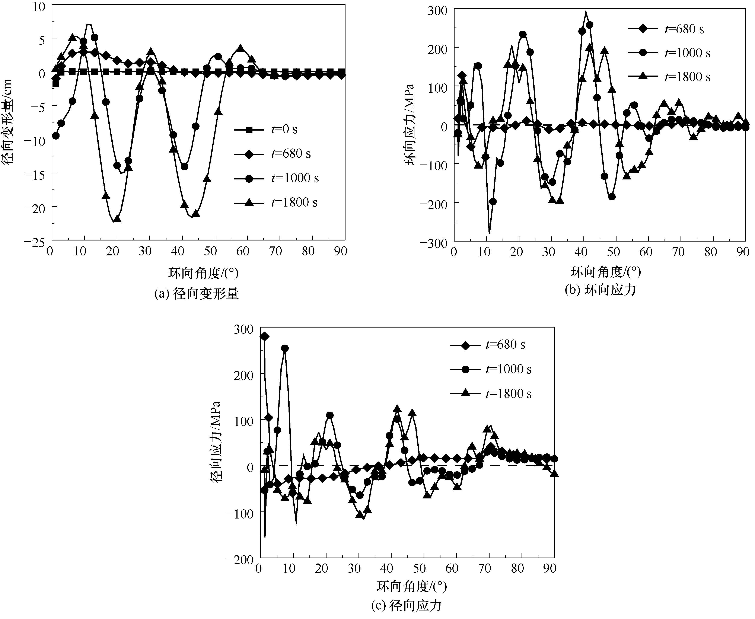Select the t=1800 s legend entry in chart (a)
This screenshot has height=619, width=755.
276,202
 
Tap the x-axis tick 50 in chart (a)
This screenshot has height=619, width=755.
210,251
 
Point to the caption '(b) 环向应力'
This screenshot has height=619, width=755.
600,290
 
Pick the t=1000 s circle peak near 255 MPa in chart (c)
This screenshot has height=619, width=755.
285,348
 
